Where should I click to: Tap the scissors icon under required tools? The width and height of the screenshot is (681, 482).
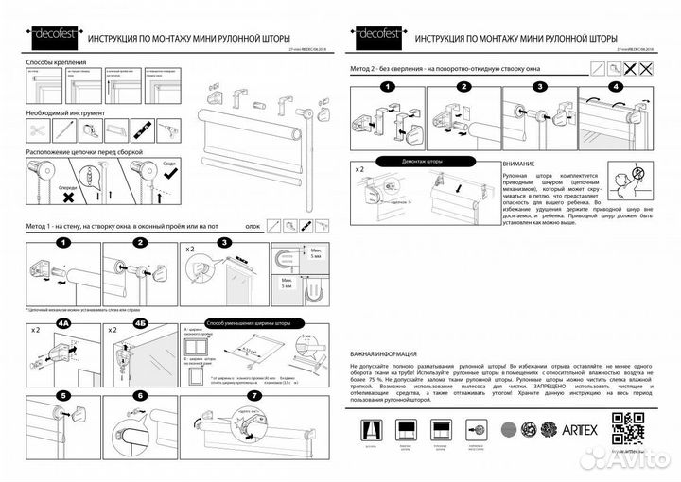(39, 127)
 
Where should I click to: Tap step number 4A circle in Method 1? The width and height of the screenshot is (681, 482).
(63, 322)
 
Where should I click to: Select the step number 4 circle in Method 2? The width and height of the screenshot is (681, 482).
(616, 87)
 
